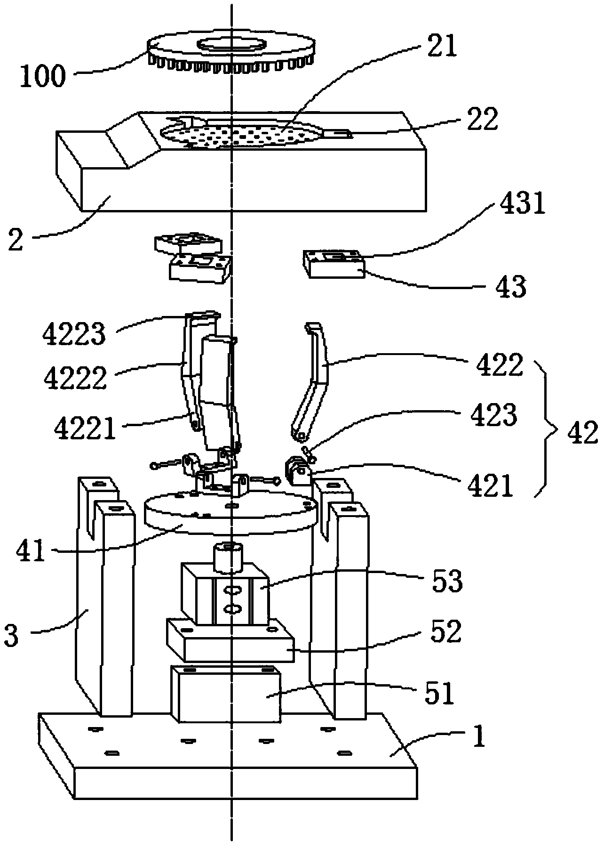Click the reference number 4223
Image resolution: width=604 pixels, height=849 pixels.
(x=74, y=334)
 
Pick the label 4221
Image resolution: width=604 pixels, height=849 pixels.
(x=85, y=429)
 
